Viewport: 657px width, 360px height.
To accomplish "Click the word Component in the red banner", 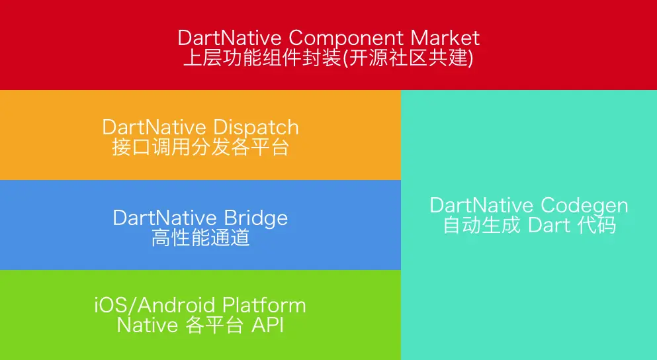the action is (346, 38).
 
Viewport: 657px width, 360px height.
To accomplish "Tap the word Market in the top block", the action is (445, 38).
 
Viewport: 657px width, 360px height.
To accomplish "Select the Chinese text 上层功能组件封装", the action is (263, 58).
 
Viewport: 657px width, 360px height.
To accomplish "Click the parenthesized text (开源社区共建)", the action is (408, 58).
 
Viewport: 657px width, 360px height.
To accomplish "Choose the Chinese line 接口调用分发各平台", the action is (200, 148).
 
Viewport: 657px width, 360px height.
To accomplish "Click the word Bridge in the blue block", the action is (255, 218).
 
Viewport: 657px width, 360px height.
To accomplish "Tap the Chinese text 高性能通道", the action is (200, 238).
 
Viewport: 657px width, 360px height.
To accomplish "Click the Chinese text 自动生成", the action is (482, 225).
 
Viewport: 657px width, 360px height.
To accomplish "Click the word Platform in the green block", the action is (264, 305).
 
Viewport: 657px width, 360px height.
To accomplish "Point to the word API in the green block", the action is (268, 325).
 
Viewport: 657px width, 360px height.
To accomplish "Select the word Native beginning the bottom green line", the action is (148, 325).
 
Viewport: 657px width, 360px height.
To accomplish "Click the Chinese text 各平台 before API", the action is (214, 325).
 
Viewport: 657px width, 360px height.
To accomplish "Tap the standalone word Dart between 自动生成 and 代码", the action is (549, 226).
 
